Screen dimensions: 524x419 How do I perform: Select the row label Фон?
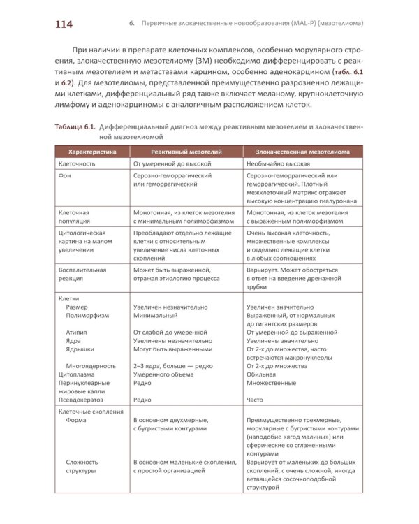(x=64, y=176)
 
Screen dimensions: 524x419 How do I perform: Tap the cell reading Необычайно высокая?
(x=278, y=163)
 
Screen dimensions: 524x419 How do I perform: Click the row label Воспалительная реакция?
(x=82, y=274)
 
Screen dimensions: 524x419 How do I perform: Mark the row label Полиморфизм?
(x=87, y=316)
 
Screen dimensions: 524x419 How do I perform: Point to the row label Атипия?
(x=77, y=333)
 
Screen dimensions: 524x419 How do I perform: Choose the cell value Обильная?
(x=263, y=374)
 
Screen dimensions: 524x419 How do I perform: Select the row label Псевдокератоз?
(x=81, y=400)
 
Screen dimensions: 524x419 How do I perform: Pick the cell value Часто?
(x=256, y=400)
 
